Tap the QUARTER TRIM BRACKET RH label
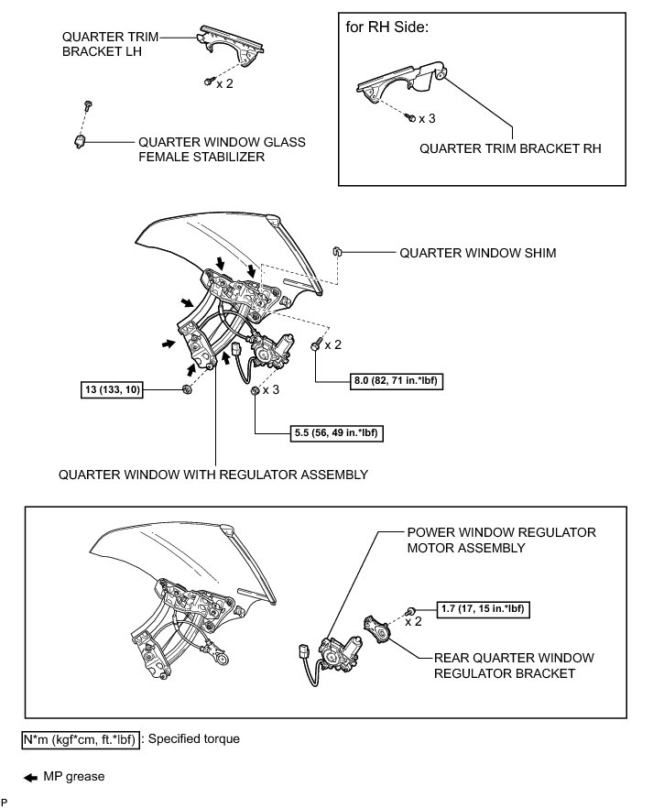(510, 147)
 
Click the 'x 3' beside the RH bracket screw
(427, 119)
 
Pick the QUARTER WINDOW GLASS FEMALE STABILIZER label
(222, 149)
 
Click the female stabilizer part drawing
(80, 141)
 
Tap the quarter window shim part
(336, 250)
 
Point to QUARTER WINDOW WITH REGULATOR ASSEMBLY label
(212, 475)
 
